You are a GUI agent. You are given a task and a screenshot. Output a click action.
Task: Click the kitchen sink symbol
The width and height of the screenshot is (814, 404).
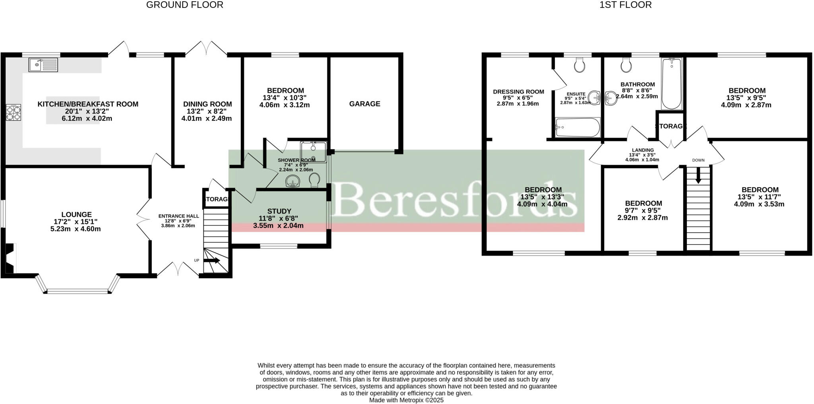(x=43, y=65)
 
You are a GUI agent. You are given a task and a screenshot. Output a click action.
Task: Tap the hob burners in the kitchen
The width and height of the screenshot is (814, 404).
(x=14, y=112)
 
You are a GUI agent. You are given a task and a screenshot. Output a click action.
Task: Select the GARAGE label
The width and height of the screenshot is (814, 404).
(x=364, y=104)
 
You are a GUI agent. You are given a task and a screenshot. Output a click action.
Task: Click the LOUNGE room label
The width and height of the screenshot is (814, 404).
(x=76, y=215)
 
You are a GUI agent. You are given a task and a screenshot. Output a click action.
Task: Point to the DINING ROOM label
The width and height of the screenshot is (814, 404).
(x=207, y=104)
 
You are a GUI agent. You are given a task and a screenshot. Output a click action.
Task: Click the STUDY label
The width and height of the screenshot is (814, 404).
(x=279, y=211)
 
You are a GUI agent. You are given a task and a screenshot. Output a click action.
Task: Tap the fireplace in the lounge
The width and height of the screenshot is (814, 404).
(x=10, y=258)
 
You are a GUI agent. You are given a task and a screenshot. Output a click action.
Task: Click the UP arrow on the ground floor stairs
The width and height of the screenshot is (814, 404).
(x=212, y=261)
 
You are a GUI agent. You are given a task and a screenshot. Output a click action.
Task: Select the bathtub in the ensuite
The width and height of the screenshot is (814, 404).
(x=577, y=127)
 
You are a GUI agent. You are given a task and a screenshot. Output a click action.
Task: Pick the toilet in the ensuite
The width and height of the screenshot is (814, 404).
(x=580, y=65)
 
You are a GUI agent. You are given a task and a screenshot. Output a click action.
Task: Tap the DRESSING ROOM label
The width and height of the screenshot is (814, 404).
(x=518, y=92)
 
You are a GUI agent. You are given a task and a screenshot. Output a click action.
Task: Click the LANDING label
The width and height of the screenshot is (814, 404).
(x=643, y=150)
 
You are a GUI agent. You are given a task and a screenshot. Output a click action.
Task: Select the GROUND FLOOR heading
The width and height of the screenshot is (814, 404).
(x=185, y=5)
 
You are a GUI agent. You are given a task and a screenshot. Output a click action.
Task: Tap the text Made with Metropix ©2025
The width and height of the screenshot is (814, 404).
(x=406, y=400)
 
